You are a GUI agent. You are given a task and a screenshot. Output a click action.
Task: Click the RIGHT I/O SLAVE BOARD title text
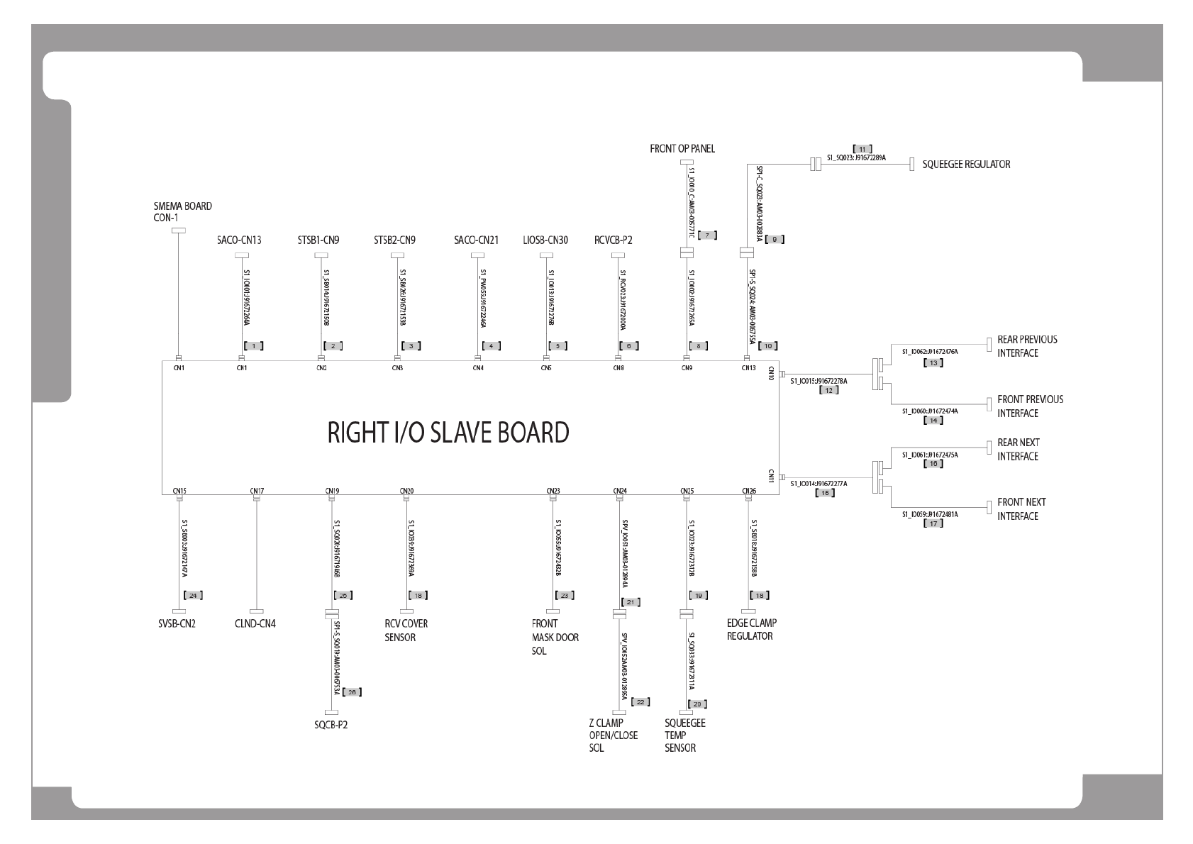[448, 432]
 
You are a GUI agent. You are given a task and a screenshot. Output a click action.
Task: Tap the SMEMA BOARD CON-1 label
[182, 212]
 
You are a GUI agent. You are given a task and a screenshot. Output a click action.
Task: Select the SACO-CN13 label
[239, 240]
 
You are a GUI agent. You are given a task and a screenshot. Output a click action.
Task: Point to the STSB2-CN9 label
[394, 240]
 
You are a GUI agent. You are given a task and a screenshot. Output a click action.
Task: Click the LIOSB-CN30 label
[545, 240]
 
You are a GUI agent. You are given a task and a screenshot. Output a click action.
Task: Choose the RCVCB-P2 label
[613, 240]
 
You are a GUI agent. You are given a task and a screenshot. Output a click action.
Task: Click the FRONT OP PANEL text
[682, 149]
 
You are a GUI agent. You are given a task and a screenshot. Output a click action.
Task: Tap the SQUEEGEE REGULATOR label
[966, 165]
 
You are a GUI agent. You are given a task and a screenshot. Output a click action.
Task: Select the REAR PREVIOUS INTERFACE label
[1027, 346]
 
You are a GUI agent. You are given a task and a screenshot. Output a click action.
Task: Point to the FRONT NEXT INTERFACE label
[1021, 509]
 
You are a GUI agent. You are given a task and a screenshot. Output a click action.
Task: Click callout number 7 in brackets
[707, 235]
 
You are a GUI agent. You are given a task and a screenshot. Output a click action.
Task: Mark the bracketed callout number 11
[862, 149]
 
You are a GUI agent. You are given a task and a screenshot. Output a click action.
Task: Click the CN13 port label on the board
[748, 368]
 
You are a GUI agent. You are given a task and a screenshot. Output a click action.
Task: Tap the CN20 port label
[406, 490]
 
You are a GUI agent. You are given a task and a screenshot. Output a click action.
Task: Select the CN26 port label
[749, 490]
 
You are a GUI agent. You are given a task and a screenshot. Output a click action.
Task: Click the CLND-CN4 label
[255, 624]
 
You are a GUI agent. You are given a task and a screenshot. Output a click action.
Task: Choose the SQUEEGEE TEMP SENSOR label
[684, 735]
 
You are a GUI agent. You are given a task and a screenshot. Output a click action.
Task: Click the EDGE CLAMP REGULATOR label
[752, 630]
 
